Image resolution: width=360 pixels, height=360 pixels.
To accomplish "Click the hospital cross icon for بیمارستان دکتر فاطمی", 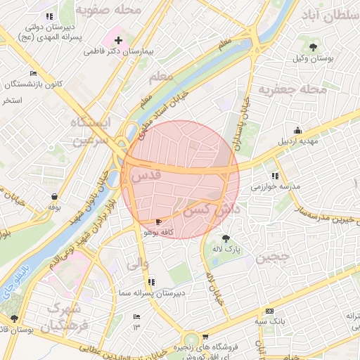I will click(118, 41).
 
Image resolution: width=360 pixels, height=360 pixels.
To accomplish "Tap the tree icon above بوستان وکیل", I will click(313, 47).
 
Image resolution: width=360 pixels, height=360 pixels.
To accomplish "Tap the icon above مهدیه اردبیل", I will click(297, 130).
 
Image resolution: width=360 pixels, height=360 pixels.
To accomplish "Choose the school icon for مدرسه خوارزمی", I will click(274, 176).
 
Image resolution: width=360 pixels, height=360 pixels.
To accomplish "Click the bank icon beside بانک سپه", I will click(269, 311).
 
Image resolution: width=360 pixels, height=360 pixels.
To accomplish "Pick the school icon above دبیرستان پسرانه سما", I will click(151, 282).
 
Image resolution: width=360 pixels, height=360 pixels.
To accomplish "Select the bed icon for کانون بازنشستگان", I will click(33, 73).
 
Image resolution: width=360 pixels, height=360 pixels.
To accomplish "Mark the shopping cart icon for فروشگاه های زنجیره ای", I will click(205, 337).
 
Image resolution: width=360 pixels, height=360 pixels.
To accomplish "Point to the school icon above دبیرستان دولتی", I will click(49, 15).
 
